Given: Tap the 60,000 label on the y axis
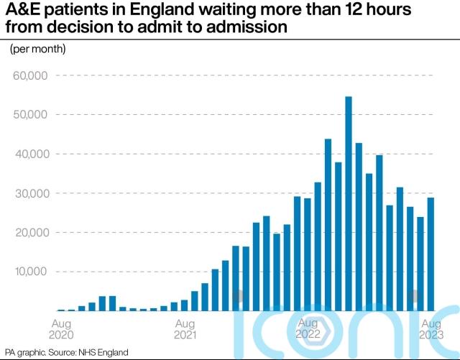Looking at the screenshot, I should pos(29,75).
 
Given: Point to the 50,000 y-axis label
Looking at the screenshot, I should pos(29,115).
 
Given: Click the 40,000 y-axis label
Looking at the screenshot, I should pos(29,154).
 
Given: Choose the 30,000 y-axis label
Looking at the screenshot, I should pos(29,193).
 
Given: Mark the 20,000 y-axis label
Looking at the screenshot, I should pos(29,233).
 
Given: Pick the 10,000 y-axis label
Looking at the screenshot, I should pos(29,272).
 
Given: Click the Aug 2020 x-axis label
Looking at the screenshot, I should pos(60,328).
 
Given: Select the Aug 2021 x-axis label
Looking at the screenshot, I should pos(185,328).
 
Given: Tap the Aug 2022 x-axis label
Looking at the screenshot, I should pos(309,328).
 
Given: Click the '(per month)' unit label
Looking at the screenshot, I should pos(37,49).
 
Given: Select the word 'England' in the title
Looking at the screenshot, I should pos(158,11).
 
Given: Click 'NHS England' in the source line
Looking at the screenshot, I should pos(109,352).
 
